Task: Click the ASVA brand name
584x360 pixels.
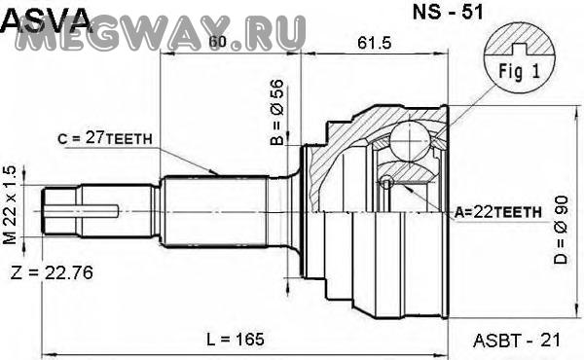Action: [46, 19]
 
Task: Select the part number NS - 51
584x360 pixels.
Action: [448, 12]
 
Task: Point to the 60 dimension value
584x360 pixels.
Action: [217, 42]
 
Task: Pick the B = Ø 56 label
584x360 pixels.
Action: [277, 112]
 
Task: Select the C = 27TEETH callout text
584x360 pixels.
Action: [105, 138]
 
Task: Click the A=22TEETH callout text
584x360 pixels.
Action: [498, 212]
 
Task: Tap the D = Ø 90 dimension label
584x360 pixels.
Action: [561, 230]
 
